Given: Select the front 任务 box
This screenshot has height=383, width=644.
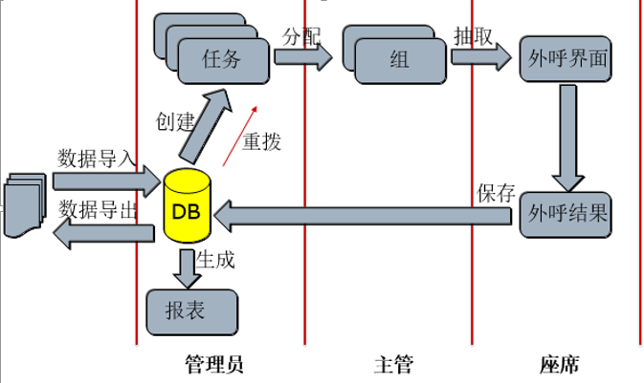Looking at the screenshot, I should click(223, 59).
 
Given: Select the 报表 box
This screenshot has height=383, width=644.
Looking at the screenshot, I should click(191, 311).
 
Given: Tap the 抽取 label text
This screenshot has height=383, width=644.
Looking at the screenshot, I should click(473, 36).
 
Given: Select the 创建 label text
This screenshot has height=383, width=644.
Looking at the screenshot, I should click(175, 122).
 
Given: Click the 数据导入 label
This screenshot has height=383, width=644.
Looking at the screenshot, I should click(98, 158).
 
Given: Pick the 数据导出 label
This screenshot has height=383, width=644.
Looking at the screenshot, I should click(98, 209).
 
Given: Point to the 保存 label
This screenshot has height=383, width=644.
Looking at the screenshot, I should click(496, 191).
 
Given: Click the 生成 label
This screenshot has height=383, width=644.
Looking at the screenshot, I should click(215, 258).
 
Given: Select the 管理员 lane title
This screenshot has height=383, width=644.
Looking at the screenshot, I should click(213, 364).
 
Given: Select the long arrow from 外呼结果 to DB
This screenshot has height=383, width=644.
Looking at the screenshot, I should click(364, 219).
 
